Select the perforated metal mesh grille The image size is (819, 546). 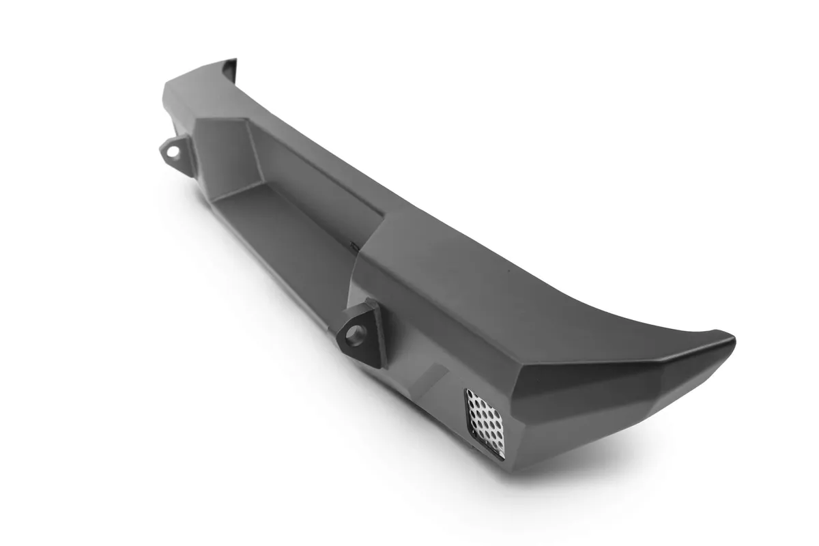tap(486, 421)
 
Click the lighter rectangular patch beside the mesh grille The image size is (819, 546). tap(431, 379)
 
